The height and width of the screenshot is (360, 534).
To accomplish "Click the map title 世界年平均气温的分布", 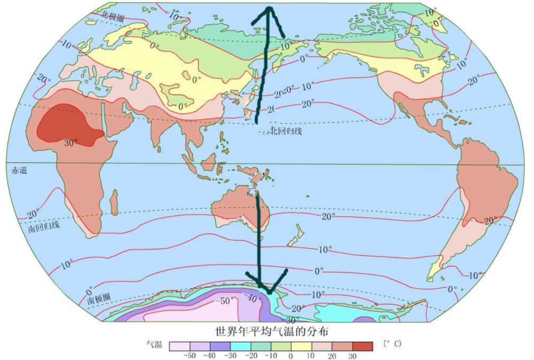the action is click(271, 332).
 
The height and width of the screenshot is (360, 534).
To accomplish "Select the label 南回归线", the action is click(44, 226).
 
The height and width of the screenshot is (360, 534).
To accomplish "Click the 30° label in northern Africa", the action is click(70, 143).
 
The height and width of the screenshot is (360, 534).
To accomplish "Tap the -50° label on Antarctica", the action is click(225, 301).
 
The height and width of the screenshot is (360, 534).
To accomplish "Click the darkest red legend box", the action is click(363, 346).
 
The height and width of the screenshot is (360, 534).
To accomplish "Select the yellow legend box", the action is click(301, 346).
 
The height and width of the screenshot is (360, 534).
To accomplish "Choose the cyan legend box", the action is click(240, 346).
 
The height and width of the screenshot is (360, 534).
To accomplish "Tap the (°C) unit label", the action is click(391, 344).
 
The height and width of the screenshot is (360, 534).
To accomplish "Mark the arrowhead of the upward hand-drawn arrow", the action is click(270, 10).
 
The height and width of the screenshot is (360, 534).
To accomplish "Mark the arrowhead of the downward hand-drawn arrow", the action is click(270, 291).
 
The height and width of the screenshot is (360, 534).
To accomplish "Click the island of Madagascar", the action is click(114, 202).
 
